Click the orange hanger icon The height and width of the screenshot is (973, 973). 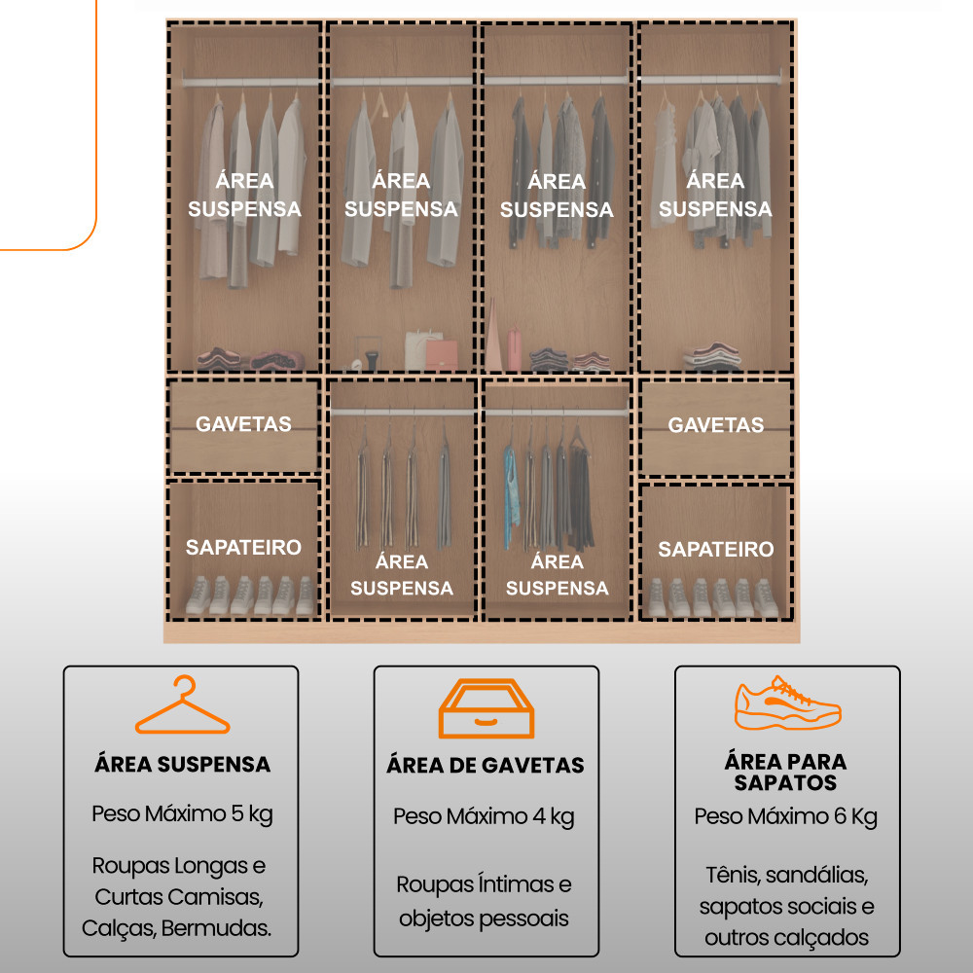[183, 720]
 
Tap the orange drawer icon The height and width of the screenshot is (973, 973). [486, 708]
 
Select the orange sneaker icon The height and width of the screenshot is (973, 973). [787, 703]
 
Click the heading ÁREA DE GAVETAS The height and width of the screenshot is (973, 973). [486, 765]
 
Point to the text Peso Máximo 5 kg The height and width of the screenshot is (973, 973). [183, 813]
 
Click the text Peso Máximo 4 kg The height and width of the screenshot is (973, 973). [484, 816]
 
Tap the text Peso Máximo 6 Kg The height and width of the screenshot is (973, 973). [785, 816]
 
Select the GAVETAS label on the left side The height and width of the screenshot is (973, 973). [243, 424]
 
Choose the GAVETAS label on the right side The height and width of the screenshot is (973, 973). [715, 424]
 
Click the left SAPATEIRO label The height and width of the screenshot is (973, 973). [243, 547]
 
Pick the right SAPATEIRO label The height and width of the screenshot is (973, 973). [715, 549]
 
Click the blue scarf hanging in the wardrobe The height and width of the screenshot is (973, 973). [511, 496]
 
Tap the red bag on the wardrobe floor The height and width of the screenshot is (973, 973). [441, 355]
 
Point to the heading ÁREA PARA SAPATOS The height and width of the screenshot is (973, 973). [785, 772]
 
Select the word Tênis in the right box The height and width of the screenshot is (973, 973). [733, 875]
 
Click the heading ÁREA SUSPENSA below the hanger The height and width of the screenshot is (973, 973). [183, 764]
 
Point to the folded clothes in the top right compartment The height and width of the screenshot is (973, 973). [712, 355]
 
